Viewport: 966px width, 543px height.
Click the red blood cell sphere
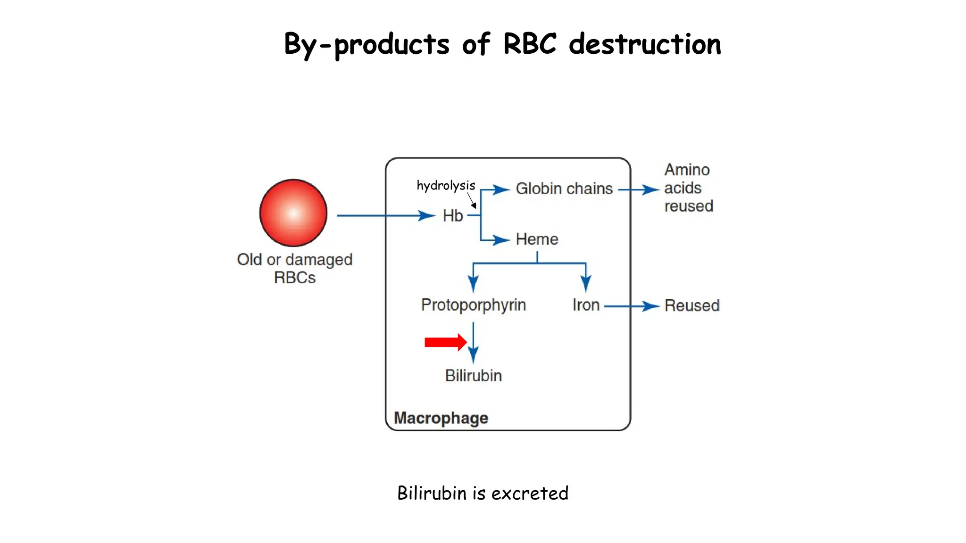pyautogui.click(x=293, y=213)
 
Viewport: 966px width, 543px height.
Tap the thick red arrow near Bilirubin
pyautogui.click(x=445, y=342)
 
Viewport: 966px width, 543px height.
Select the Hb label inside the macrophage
pyautogui.click(x=452, y=216)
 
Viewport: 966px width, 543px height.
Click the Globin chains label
pyautogui.click(x=564, y=189)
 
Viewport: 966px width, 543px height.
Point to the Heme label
pyautogui.click(x=537, y=239)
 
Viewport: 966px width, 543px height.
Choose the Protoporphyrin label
pyautogui.click(x=473, y=305)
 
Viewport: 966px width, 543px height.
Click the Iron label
pyautogui.click(x=586, y=305)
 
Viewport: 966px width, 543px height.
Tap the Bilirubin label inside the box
pyautogui.click(x=473, y=376)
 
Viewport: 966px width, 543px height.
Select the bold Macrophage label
pyautogui.click(x=441, y=418)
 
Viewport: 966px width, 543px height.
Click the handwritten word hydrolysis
pyautogui.click(x=446, y=186)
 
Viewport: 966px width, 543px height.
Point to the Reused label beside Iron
pyautogui.click(x=691, y=305)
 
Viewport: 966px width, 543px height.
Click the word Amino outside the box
pyautogui.click(x=687, y=170)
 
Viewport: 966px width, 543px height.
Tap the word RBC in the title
pyautogui.click(x=530, y=44)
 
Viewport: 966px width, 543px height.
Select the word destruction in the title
pyautogui.click(x=645, y=44)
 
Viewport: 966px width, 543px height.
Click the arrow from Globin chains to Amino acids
pyautogui.click(x=639, y=190)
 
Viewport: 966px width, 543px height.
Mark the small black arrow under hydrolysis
pyautogui.click(x=472, y=201)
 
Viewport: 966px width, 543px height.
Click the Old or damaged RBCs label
pyautogui.click(x=295, y=268)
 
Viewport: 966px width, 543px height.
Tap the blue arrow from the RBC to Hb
pyautogui.click(x=384, y=216)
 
